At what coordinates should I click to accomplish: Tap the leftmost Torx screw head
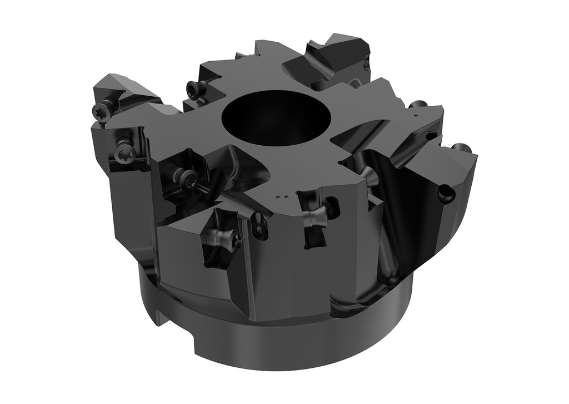(102, 109)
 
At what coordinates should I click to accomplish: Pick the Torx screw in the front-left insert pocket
(187, 176)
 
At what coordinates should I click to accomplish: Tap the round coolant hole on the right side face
(446, 194)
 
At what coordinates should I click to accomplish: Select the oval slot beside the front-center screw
(332, 206)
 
